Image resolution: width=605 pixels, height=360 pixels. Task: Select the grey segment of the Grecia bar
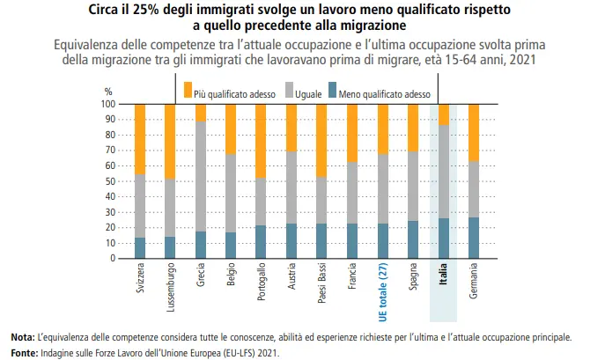(201, 176)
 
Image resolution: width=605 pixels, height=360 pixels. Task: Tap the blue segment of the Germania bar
(473, 238)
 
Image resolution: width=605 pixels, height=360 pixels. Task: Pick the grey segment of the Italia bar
(443, 172)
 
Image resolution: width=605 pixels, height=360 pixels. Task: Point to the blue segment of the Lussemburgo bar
(170, 247)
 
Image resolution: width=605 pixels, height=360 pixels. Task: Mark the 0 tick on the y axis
(113, 259)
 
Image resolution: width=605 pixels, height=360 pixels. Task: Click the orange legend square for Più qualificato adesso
(187, 88)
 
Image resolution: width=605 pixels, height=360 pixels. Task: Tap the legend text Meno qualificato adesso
(384, 90)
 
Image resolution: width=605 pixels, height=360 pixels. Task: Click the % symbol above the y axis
(108, 91)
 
